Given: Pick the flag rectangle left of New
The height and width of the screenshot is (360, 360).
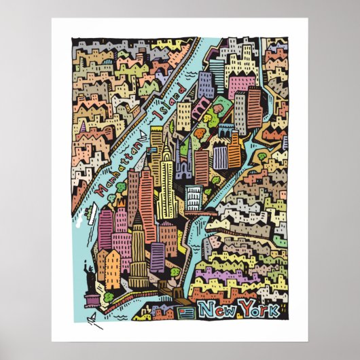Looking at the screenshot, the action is click(186, 312).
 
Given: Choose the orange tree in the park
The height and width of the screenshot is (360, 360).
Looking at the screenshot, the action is click(199, 134).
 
